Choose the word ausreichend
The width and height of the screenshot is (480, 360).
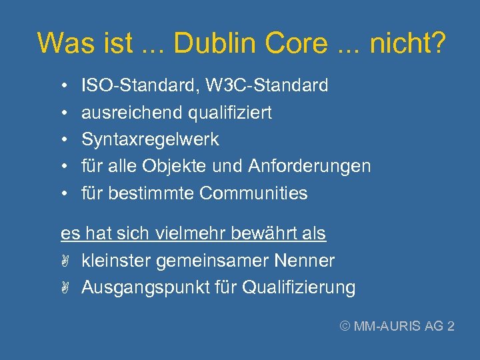click(132, 113)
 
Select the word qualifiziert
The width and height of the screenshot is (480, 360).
click(230, 113)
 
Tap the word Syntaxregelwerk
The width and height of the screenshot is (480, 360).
click(150, 139)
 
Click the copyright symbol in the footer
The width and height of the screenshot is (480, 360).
click(345, 326)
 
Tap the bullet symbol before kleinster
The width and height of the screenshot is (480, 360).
click(65, 261)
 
